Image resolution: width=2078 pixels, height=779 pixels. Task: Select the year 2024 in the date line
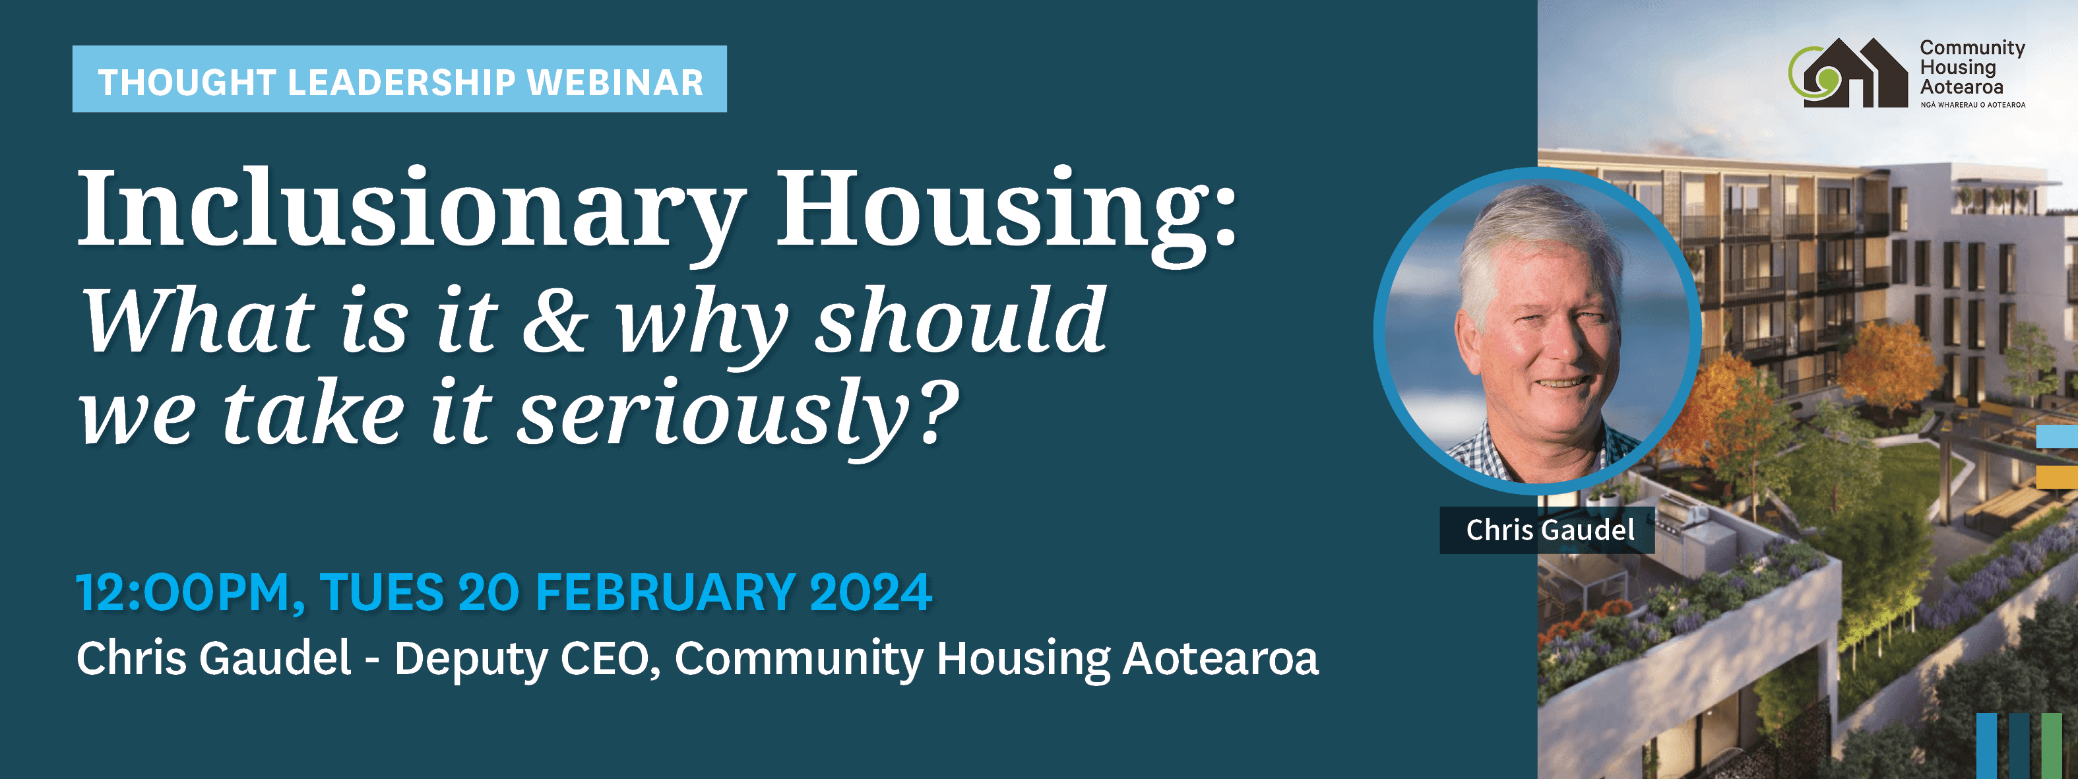[x=871, y=593]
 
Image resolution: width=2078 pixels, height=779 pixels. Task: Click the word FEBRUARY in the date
[x=666, y=593]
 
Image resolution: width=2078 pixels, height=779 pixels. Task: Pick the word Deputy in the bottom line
[x=470, y=660]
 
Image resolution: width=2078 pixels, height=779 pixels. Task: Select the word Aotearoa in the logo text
[x=1961, y=87]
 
